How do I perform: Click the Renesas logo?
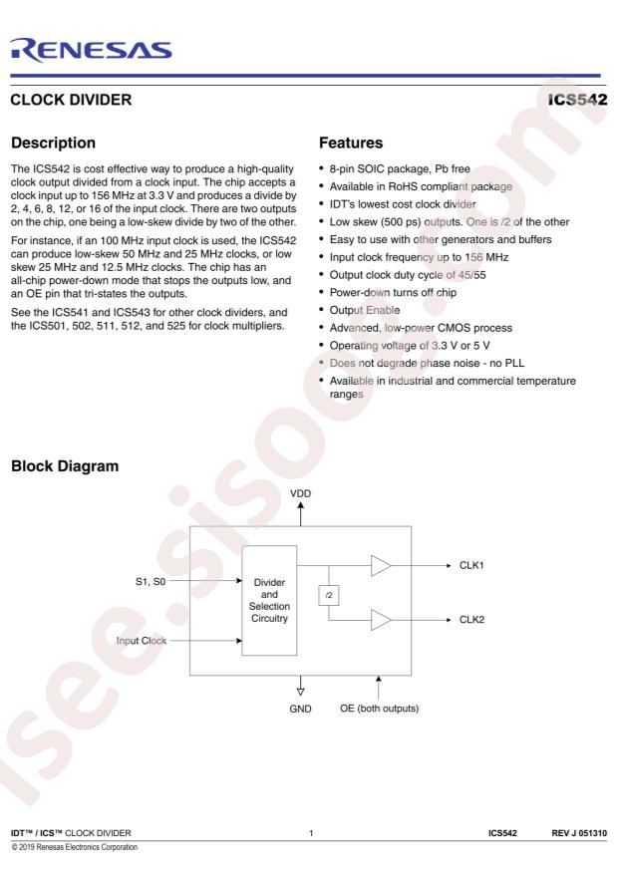click(91, 50)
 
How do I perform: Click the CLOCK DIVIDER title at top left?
click(71, 100)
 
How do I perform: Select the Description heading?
click(54, 143)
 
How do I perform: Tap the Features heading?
click(351, 143)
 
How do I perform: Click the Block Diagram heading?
click(65, 466)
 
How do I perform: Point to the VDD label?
click(300, 493)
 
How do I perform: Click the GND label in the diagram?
click(300, 709)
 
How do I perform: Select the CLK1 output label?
click(471, 565)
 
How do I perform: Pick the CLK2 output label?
click(471, 619)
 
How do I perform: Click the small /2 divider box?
click(329, 595)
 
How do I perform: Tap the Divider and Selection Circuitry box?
click(269, 600)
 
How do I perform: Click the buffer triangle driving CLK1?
click(381, 565)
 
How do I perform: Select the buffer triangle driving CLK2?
click(381, 619)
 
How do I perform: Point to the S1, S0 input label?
click(151, 581)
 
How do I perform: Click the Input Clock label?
click(141, 641)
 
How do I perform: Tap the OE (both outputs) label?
click(379, 709)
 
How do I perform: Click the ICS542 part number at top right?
click(577, 100)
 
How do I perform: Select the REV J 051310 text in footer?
click(579, 833)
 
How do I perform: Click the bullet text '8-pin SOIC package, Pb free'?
click(400, 168)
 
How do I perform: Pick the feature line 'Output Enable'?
click(365, 310)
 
